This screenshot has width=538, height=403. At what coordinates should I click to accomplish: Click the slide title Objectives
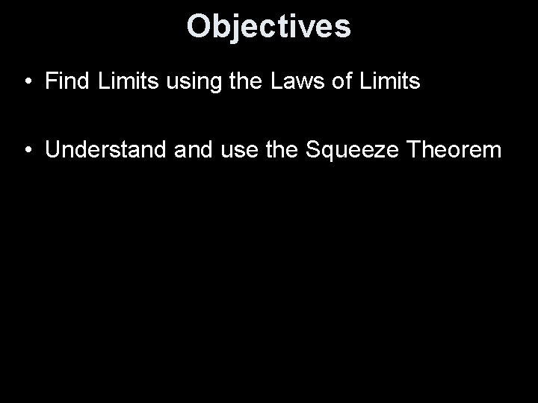click(x=268, y=26)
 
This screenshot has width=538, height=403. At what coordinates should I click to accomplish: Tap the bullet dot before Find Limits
click(x=27, y=82)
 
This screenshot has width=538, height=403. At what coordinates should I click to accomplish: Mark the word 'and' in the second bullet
click(x=190, y=150)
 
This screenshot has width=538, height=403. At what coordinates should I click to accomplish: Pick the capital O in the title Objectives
click(x=198, y=26)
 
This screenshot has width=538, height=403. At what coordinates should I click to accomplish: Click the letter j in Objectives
click(x=232, y=28)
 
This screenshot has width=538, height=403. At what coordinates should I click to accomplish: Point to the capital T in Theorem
click(x=406, y=150)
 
